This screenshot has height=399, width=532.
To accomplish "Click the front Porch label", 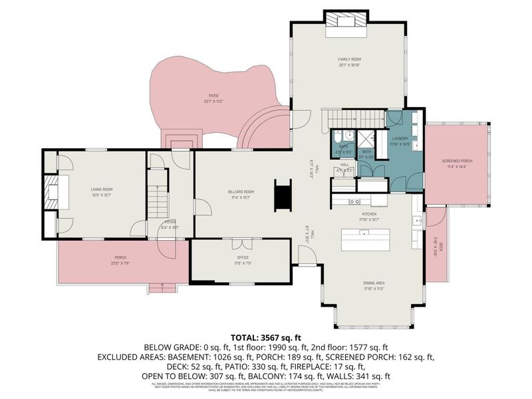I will coord(120,257).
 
